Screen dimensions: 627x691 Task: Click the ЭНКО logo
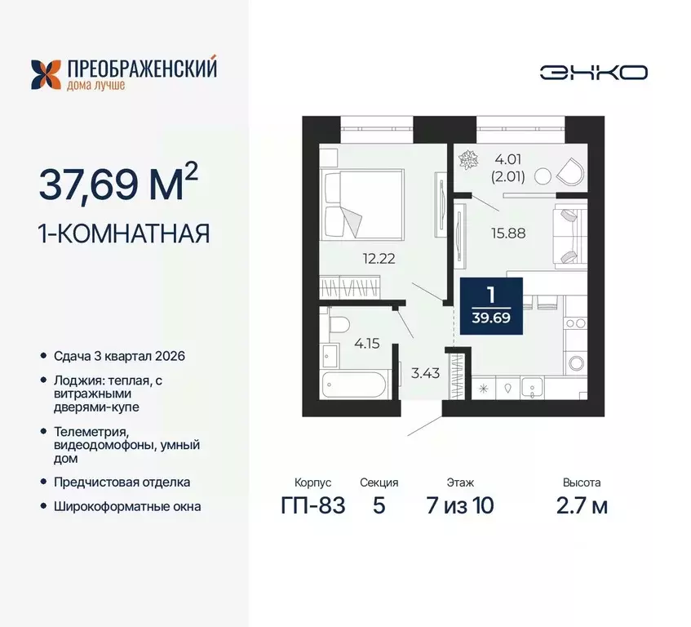(593, 72)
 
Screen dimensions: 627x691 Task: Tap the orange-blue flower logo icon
(45, 74)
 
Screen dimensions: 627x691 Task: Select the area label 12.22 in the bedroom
(380, 260)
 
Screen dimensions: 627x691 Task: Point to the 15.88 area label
(507, 232)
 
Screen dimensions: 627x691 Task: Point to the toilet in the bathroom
(340, 325)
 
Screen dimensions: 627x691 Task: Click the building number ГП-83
(312, 506)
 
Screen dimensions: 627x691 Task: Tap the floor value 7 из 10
(460, 506)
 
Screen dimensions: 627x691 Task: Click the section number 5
(379, 506)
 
